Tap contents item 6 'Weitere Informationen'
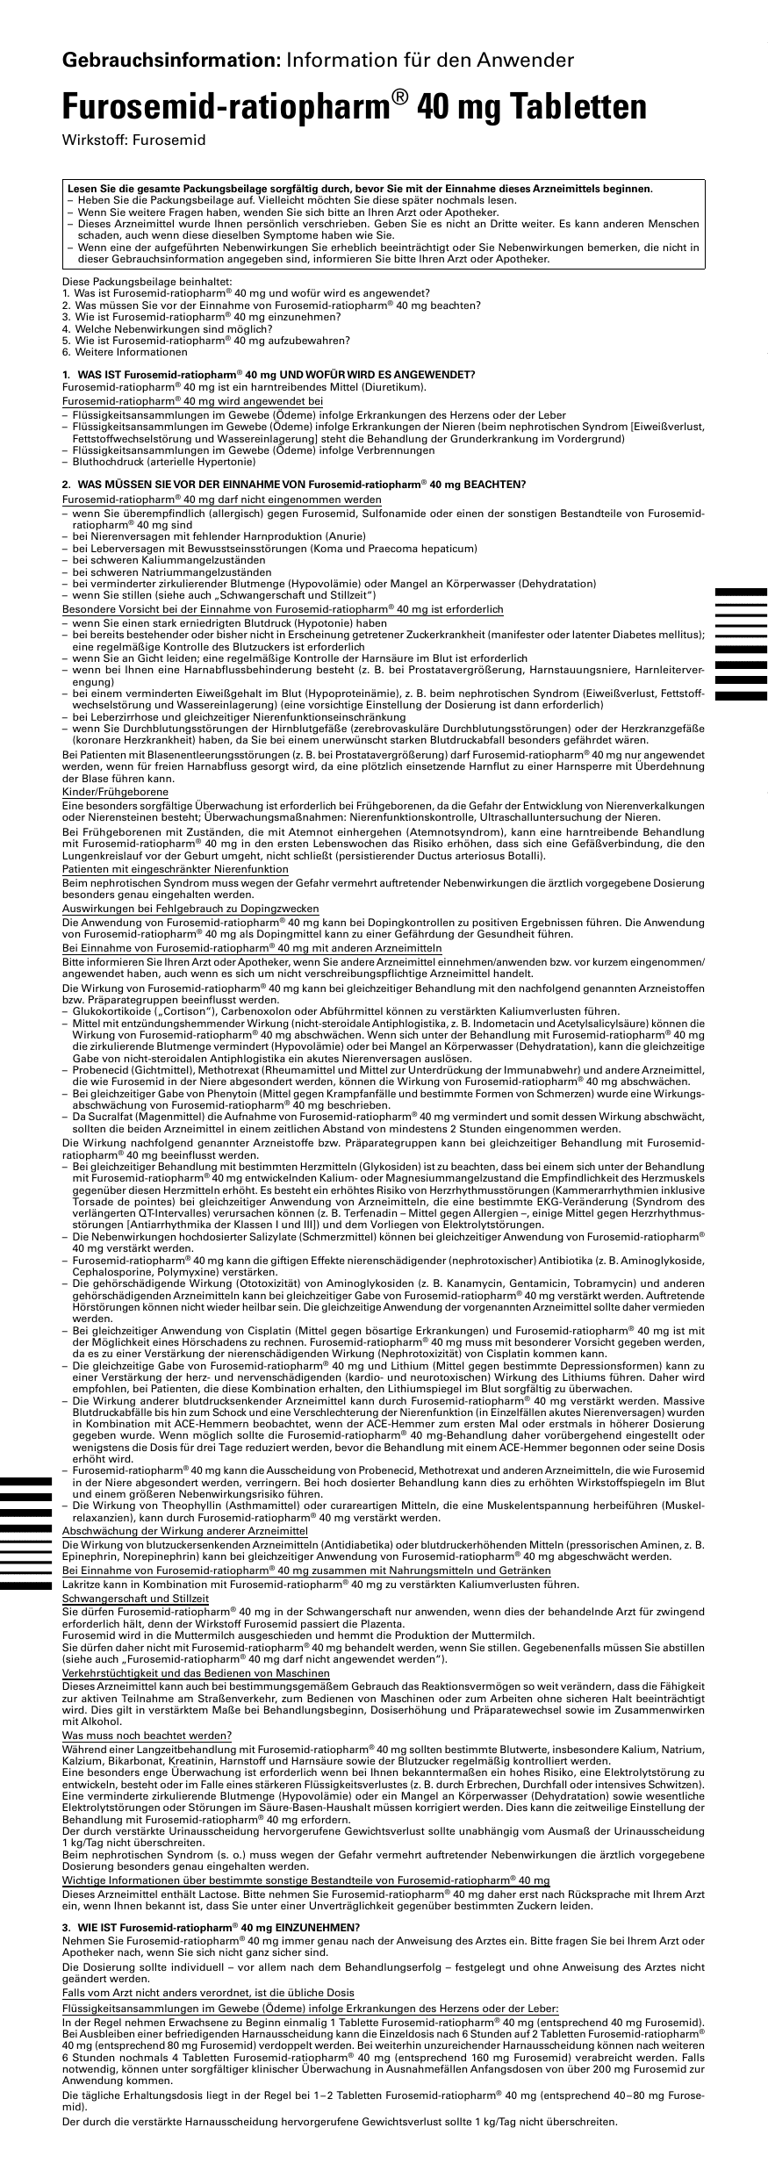click(125, 352)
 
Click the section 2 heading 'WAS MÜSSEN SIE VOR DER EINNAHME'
click(298, 485)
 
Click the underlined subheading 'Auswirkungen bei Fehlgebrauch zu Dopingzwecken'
click(190, 909)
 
